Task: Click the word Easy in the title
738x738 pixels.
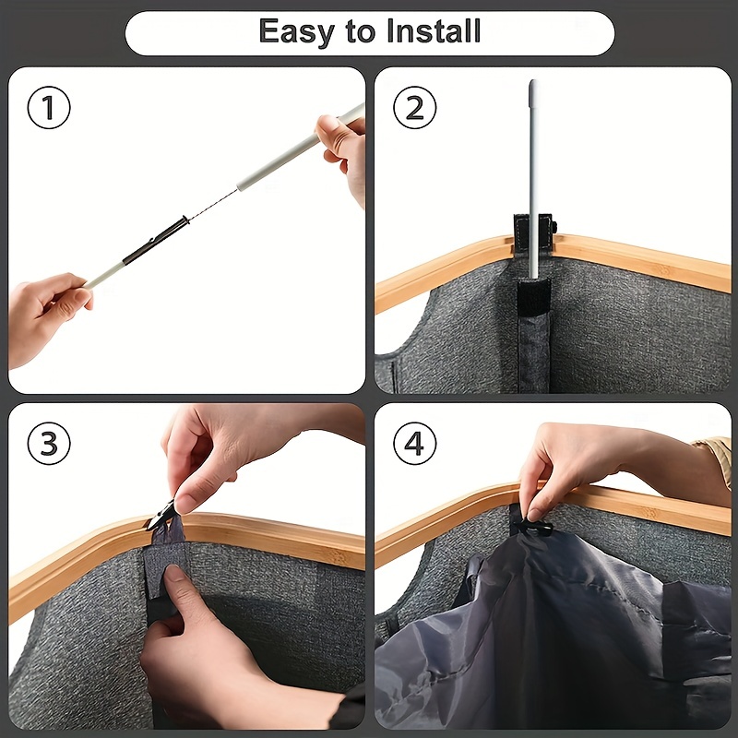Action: point(296,32)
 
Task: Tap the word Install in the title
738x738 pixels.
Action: point(433,31)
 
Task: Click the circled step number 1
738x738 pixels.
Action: point(49,108)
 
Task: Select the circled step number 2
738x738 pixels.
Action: point(414,108)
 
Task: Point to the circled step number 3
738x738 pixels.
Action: point(49,444)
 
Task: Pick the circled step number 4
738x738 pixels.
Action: point(414,444)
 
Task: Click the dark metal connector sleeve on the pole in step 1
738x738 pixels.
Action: point(155,240)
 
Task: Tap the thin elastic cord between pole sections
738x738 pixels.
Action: point(213,204)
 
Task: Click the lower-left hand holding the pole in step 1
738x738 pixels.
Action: point(47,317)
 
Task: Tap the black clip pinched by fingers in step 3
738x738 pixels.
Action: point(161,516)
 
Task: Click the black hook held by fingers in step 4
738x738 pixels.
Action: point(533,528)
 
